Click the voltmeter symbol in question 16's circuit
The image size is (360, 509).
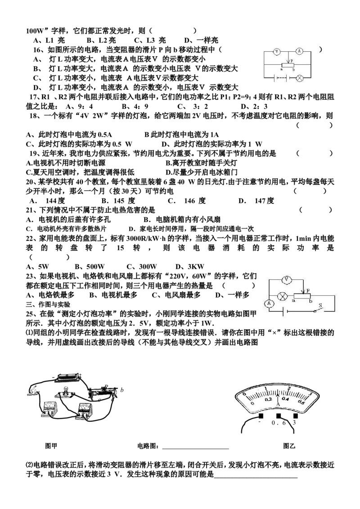(276, 51)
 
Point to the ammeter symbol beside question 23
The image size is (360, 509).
(270, 304)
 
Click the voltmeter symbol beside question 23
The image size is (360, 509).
(287, 280)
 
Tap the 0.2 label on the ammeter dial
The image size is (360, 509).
(268, 399)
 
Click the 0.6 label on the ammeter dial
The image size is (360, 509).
(301, 402)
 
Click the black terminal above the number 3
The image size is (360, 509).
(295, 416)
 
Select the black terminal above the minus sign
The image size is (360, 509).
(260, 416)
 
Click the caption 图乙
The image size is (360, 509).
(289, 446)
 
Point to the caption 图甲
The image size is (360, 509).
(51, 446)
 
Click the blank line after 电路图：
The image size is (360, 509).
(196, 449)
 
